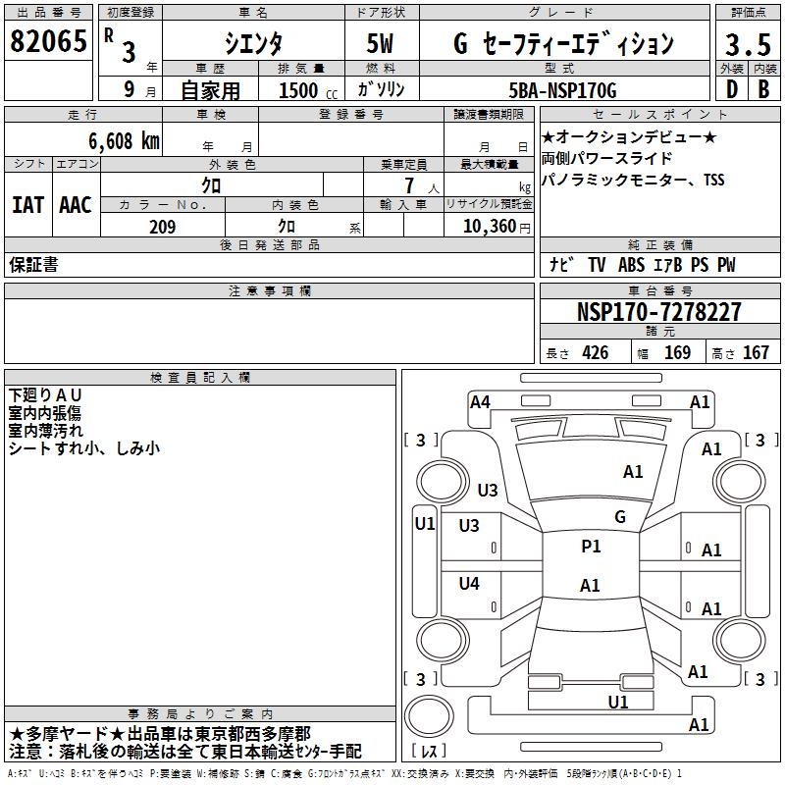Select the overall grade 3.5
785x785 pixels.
click(747, 45)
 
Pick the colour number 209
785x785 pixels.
click(162, 227)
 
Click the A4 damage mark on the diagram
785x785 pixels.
click(480, 401)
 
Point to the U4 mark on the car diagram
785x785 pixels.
click(469, 584)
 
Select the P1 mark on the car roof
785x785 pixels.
click(591, 547)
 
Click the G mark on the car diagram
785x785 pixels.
click(619, 516)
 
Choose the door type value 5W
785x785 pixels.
click(382, 44)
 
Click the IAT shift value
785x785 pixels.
click(27, 205)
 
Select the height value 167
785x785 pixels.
click(756, 353)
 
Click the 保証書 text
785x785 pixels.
click(33, 265)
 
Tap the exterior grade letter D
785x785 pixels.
click(732, 89)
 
